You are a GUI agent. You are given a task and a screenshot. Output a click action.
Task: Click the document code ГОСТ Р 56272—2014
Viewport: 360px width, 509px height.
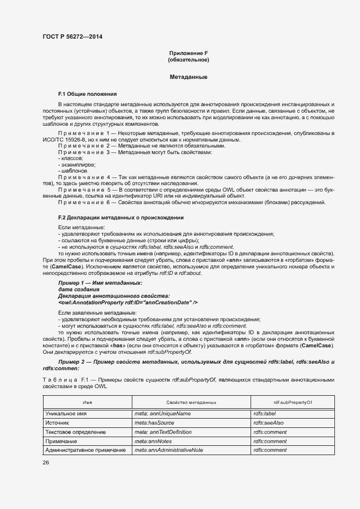72,37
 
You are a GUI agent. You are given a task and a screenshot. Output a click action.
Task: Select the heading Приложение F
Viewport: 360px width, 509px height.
188,52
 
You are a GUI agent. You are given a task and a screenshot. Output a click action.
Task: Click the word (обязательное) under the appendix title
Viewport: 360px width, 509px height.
188,59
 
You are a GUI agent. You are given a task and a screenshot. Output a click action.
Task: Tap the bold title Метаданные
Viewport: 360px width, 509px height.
188,77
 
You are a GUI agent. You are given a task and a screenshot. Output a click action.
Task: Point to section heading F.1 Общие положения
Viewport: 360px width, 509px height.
87,94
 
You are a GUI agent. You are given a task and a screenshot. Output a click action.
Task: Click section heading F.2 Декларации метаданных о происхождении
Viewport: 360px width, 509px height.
120,218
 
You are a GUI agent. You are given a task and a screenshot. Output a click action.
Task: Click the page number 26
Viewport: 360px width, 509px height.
46,463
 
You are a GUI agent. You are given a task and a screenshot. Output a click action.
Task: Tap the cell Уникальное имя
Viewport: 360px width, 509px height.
67,414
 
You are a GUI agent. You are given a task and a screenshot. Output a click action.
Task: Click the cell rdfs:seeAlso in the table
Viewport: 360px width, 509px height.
269,423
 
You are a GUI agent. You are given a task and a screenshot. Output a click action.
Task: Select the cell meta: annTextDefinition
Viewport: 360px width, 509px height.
162,432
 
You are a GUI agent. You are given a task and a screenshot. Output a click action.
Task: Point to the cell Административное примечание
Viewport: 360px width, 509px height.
86,450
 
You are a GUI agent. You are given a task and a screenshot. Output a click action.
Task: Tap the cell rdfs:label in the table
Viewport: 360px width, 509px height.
265,414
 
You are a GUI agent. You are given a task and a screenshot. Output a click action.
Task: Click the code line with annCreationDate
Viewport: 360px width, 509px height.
128,302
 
